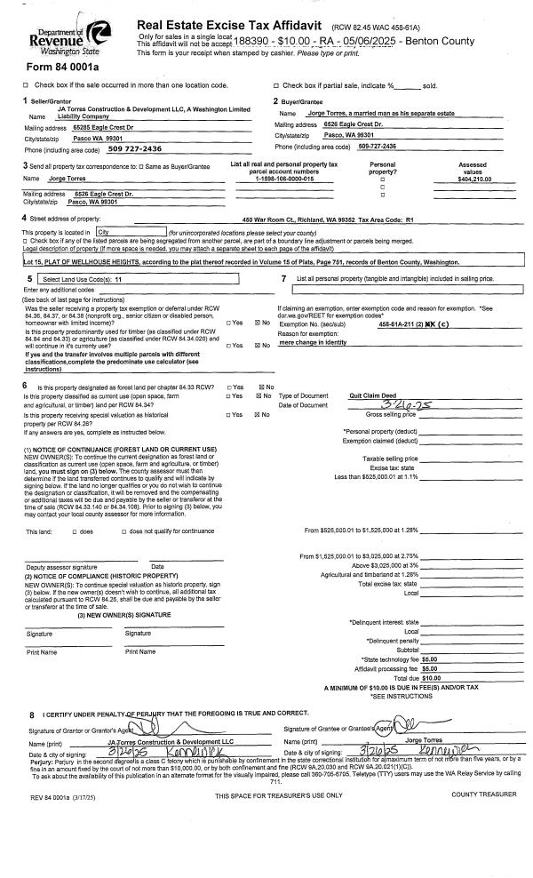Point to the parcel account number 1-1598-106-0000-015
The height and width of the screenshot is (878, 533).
pyautogui.click(x=285, y=180)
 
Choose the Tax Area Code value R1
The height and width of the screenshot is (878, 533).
pyautogui.click(x=410, y=219)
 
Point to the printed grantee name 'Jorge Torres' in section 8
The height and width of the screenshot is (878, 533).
pyautogui.click(x=425, y=739)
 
